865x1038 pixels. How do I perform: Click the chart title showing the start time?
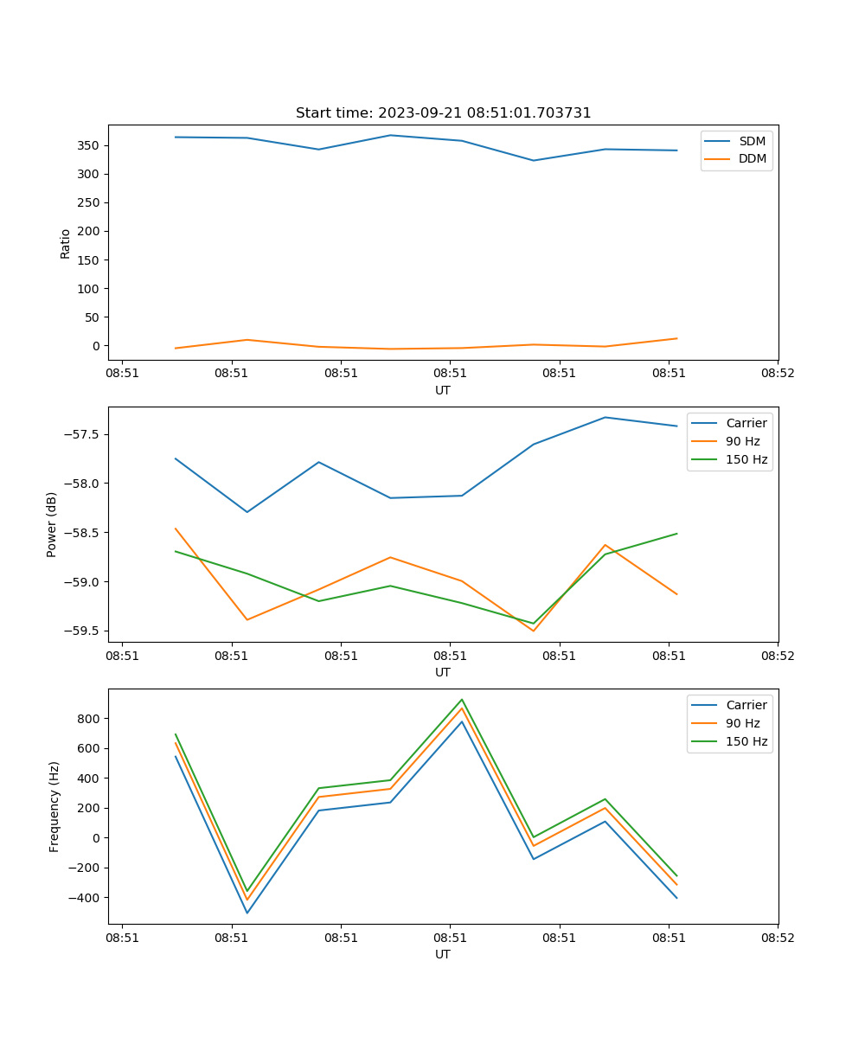coord(443,113)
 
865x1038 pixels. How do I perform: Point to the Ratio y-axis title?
coord(66,244)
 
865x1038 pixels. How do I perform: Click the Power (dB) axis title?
coord(53,524)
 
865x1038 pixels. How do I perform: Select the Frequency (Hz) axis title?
coord(54,806)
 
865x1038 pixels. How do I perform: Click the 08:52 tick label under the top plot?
coord(777,374)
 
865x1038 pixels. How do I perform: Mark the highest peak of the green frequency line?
coord(462,700)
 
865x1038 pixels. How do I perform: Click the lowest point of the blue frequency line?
coord(247,913)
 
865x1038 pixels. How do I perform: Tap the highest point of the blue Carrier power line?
coord(605,418)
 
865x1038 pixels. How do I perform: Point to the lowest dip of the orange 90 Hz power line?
coord(533,631)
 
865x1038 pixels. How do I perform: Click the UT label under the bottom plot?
coord(443,954)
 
